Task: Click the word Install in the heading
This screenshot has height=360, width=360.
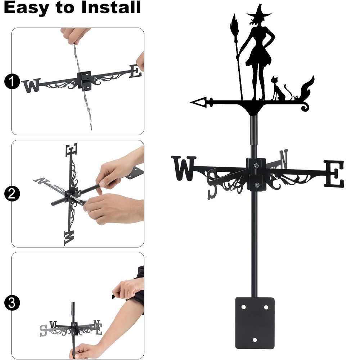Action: [x=111, y=7]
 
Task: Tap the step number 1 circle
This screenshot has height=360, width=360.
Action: [x=12, y=81]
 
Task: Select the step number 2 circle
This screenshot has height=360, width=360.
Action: [x=12, y=194]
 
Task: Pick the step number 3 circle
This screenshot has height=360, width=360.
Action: [x=12, y=303]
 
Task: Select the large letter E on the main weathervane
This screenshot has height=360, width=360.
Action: [x=334, y=174]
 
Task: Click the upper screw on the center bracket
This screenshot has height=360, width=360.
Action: [x=256, y=165]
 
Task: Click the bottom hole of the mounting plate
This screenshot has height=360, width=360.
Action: [x=255, y=340]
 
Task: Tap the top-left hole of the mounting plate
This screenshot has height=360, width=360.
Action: [x=243, y=307]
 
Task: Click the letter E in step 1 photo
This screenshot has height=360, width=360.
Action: [x=135, y=71]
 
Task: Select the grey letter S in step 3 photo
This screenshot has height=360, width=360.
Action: [x=43, y=330]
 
